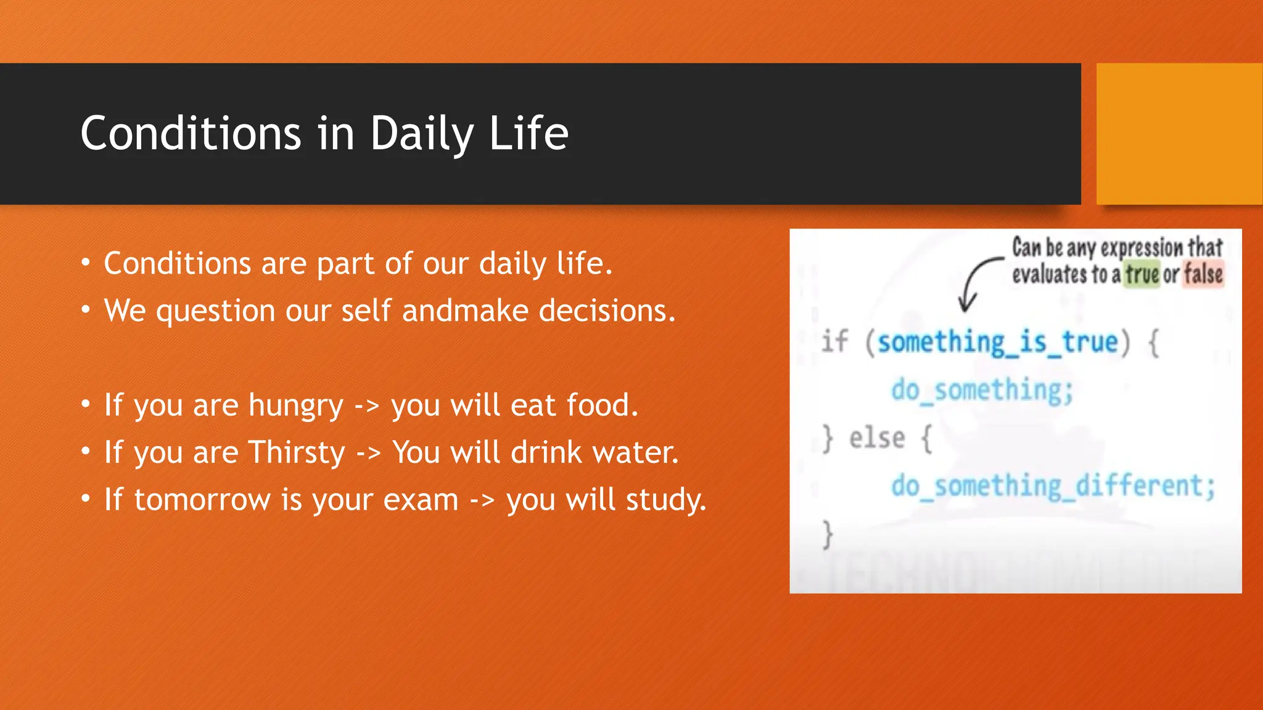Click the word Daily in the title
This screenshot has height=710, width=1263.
[422, 134]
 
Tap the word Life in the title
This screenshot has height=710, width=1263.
[529, 134]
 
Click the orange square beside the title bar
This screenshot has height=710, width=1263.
[1179, 134]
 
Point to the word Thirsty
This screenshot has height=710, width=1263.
[297, 453]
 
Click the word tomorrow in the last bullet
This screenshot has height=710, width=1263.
[202, 500]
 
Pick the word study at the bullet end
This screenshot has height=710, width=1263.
[665, 500]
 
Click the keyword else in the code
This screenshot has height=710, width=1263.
[877, 439]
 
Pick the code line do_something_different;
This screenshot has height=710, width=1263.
[1053, 486]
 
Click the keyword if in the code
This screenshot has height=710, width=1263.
[835, 341]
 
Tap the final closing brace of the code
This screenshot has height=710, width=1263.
[828, 534]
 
